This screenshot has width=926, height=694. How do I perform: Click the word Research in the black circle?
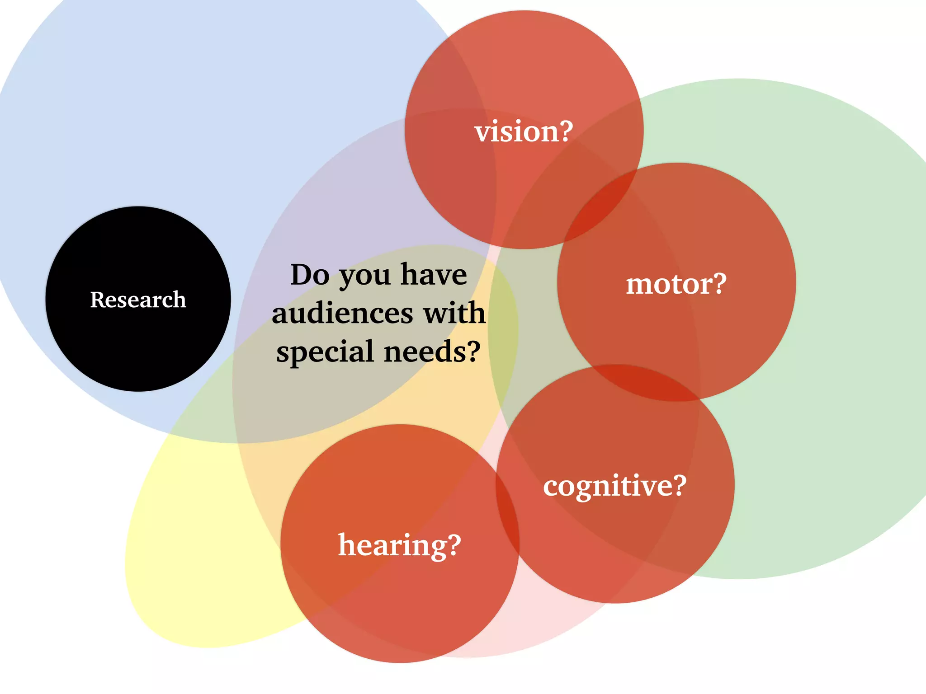click(138, 300)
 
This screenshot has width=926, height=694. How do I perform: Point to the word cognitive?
click(614, 486)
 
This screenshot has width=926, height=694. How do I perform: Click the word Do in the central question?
click(310, 275)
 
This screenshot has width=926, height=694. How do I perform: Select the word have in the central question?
click(434, 275)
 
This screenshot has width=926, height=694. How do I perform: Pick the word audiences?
click(343, 313)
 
